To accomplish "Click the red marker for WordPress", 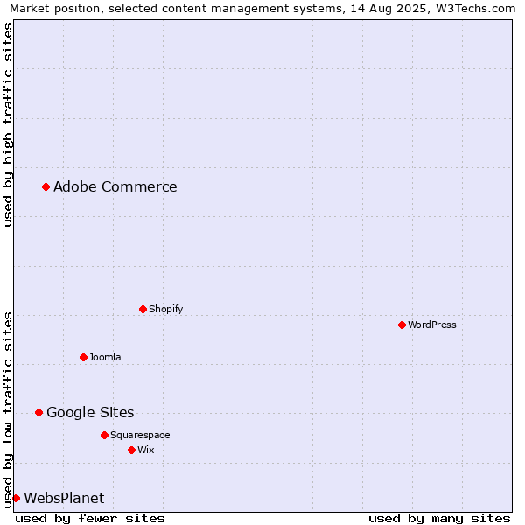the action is [x=402, y=325].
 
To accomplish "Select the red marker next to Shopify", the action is [x=143, y=309].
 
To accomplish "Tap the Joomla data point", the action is [x=84, y=357].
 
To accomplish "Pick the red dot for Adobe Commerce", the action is [x=45, y=186].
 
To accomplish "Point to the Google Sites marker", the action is [x=38, y=412].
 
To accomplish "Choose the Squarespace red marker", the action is [x=104, y=435].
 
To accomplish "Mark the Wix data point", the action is [x=131, y=450].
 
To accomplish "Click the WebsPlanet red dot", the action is [x=16, y=498].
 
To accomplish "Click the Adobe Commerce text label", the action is [x=115, y=186].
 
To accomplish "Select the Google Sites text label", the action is [x=90, y=412].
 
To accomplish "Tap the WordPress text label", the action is [x=432, y=325].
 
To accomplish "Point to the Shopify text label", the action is [x=165, y=309].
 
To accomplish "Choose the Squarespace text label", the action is [x=140, y=435].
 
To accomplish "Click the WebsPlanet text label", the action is [x=64, y=498].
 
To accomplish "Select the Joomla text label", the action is [x=105, y=357].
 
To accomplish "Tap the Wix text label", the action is [x=145, y=450].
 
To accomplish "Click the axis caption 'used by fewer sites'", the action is [x=90, y=519].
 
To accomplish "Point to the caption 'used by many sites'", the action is [x=439, y=519].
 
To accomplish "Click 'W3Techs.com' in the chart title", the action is [x=475, y=8].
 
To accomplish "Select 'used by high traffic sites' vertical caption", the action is [x=8, y=124].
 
